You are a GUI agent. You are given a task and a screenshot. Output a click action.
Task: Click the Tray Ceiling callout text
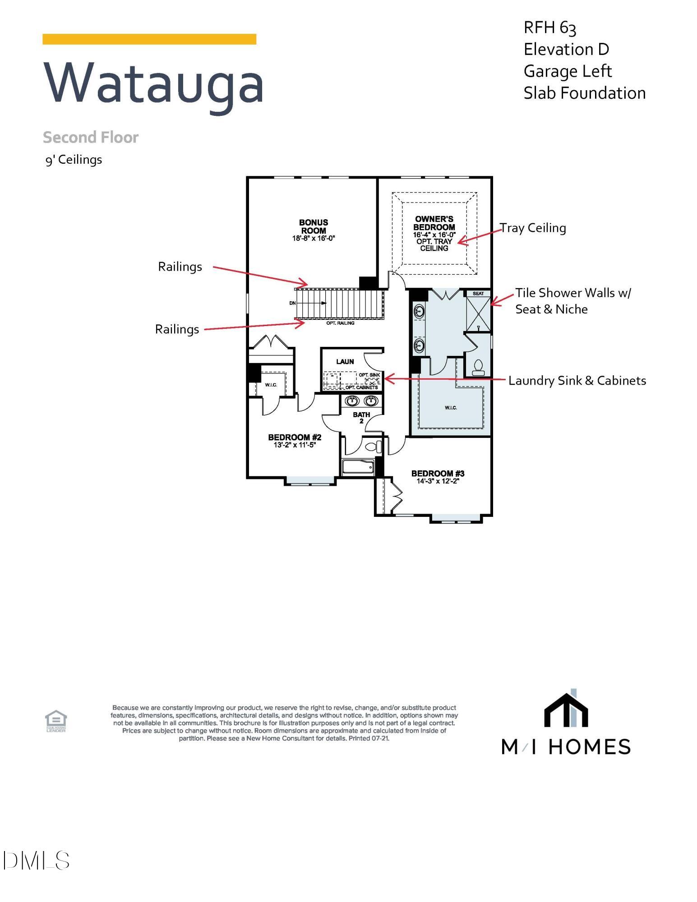[533, 228]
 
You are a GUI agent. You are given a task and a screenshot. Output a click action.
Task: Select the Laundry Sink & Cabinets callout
[577, 381]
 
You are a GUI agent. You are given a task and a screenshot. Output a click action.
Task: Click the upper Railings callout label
[180, 267]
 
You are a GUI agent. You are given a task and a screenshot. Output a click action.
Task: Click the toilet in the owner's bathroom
[478, 368]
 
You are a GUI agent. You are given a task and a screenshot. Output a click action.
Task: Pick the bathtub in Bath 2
[358, 467]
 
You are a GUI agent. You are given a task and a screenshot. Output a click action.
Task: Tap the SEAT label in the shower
[478, 294]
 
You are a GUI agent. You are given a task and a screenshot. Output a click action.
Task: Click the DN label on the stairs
[292, 303]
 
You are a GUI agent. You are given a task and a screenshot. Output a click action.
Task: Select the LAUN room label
[345, 362]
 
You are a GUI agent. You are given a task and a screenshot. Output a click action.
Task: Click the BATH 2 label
[361, 418]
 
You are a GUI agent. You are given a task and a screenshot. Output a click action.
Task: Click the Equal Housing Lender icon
[56, 721]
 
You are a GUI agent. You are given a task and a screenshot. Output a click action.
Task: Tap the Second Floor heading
[91, 138]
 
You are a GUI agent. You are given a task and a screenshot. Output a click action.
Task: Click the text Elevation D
[566, 50]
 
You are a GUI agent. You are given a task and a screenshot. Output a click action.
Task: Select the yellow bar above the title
[149, 39]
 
